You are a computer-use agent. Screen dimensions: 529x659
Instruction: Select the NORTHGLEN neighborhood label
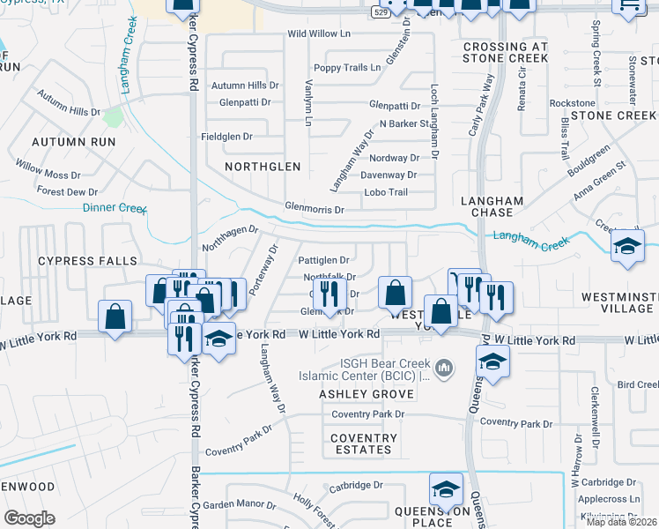coord(263,166)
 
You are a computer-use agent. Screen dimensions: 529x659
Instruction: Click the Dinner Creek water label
coord(114,208)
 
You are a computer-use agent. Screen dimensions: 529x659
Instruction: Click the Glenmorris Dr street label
coord(314,210)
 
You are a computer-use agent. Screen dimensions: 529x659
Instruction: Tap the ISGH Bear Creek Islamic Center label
coord(383,369)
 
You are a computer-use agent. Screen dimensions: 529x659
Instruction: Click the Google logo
coord(29,518)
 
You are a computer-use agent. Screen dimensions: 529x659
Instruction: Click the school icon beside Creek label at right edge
coord(627,247)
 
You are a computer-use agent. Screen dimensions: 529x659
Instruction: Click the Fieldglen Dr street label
coord(226,137)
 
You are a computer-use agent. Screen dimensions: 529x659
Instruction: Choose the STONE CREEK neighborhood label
coord(613,115)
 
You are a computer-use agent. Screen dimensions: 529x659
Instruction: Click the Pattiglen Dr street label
coord(323,261)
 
